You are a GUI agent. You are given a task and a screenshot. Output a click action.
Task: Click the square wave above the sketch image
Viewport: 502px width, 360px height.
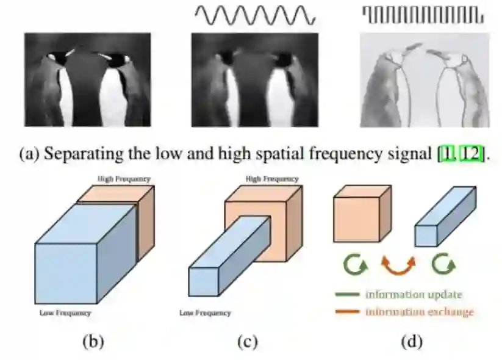[x=423, y=14]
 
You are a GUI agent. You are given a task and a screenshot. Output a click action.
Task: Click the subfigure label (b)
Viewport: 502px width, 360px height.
[x=93, y=341]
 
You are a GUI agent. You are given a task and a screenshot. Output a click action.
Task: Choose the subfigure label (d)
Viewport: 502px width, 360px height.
[x=410, y=341]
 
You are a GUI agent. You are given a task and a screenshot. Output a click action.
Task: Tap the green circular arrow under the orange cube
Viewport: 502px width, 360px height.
[x=354, y=265]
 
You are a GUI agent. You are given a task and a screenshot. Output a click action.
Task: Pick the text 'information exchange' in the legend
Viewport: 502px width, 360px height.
[x=419, y=312]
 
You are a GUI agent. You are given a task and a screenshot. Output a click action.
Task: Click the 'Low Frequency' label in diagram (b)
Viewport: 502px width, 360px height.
[x=65, y=313]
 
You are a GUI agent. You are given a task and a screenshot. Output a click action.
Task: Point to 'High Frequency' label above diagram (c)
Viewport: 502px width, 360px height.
[x=272, y=179]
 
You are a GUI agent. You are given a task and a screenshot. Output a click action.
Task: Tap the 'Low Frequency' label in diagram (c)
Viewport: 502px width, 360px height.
[x=205, y=313]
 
